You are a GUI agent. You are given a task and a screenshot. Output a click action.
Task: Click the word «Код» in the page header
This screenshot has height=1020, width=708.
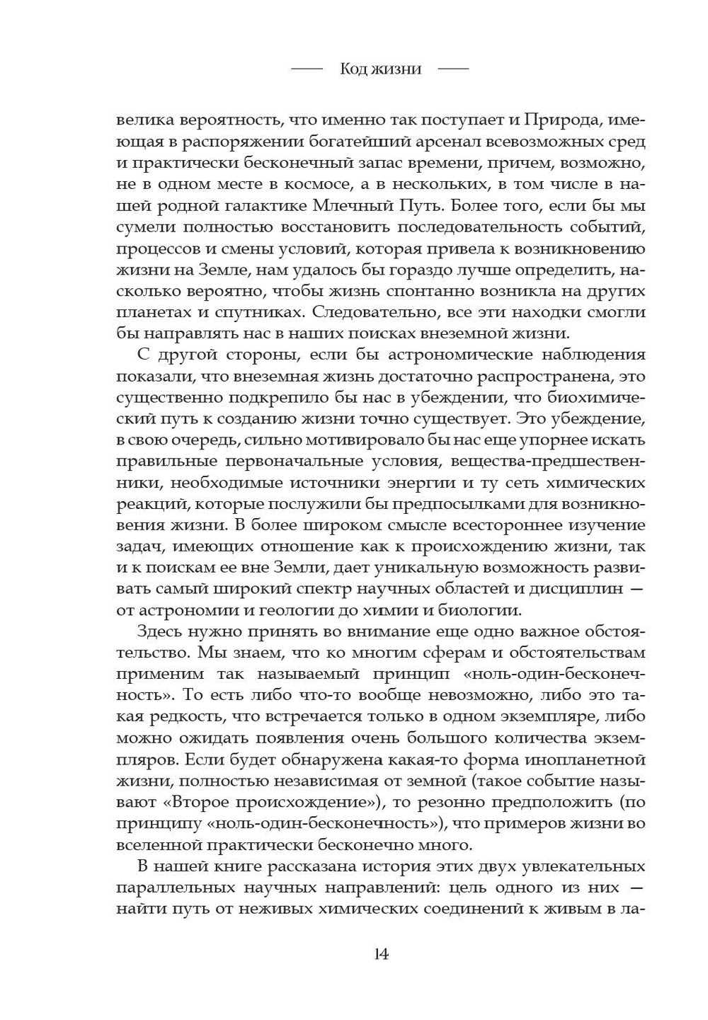pos(353,69)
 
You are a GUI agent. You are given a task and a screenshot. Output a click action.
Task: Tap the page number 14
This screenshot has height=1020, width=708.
pos(381,953)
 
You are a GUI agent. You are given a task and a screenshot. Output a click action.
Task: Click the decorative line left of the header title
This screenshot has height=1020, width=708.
pos(307,69)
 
